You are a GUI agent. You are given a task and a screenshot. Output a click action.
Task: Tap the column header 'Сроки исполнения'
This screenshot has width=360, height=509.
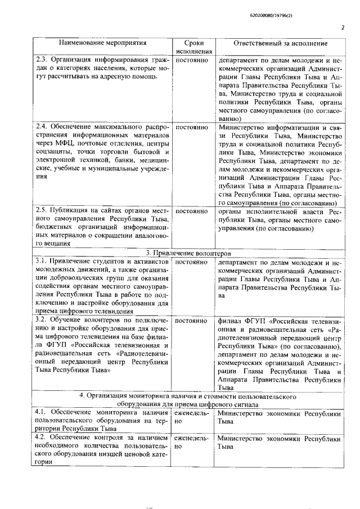[193, 47]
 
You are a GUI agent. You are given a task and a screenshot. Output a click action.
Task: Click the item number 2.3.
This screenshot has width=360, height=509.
[41, 58]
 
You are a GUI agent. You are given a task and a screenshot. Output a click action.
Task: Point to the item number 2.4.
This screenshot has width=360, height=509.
[41, 128]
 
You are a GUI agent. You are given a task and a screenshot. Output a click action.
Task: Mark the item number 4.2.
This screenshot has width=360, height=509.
[40, 437]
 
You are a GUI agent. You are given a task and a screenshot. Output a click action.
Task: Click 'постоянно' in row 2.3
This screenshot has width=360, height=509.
[192, 58]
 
